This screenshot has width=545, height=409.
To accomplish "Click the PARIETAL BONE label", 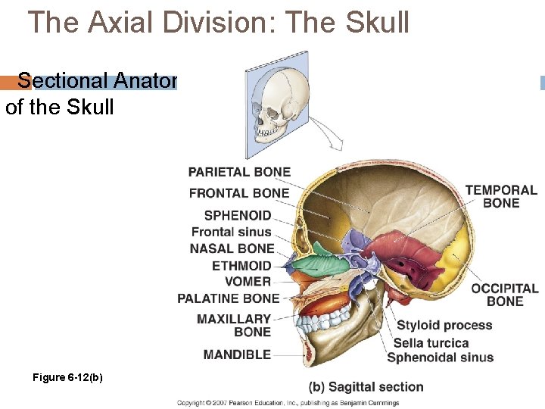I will [239, 172].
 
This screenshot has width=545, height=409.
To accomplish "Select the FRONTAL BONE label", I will [239, 193].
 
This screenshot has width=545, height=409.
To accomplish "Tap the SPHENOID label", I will [237, 216].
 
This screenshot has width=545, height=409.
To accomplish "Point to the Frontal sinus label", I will [231, 232].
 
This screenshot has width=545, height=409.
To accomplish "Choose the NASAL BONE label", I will [232, 248].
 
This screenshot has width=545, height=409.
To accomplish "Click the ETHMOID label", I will [241, 266].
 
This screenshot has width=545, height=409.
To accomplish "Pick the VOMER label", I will [248, 282].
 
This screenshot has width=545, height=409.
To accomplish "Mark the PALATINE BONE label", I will [228, 298].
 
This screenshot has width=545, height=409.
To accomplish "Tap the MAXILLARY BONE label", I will [233, 326].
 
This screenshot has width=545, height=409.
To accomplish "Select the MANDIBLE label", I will [237, 354].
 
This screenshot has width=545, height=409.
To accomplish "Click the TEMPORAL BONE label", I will [501, 196].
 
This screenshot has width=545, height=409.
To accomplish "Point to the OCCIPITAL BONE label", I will [505, 295].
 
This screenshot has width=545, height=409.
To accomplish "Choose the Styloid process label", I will [444, 326].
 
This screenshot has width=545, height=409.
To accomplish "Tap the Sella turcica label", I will [431, 342].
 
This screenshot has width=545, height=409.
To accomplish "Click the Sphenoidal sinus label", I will [440, 357].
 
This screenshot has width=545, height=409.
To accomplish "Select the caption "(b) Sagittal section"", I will [366, 387].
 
